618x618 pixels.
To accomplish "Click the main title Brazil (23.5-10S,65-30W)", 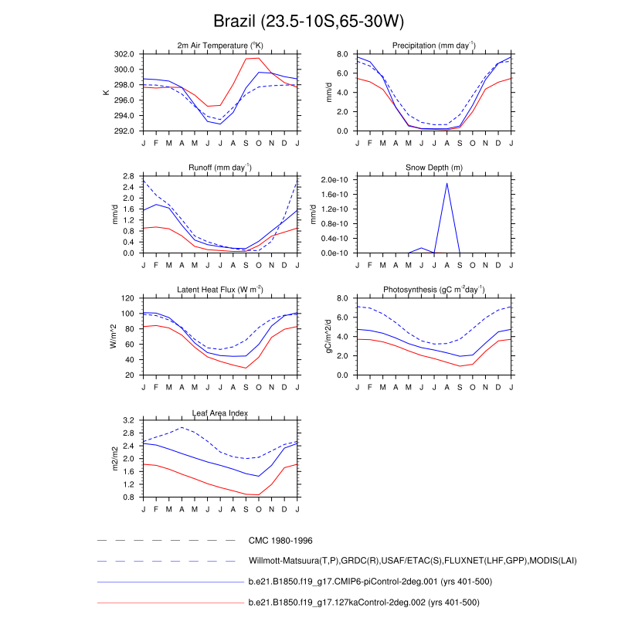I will pos(308,21).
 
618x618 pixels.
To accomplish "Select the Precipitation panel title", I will pos(434,45).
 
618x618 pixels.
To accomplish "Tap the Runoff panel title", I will pos(220,167).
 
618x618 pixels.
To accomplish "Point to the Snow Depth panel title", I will pos(434,168).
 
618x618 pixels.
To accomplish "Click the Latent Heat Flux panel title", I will pos(220,289).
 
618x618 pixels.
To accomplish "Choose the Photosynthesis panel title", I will pos(434,289).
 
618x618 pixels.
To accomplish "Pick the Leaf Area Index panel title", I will pos(220,412).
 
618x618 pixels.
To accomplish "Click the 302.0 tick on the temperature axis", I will pos(124,54).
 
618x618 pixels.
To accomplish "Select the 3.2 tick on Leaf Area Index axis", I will pos(129,420).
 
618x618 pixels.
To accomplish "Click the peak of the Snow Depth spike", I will pos(447,183).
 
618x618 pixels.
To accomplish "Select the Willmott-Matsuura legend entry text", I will pos(413,561).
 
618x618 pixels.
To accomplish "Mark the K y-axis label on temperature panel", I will pos(106,93).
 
